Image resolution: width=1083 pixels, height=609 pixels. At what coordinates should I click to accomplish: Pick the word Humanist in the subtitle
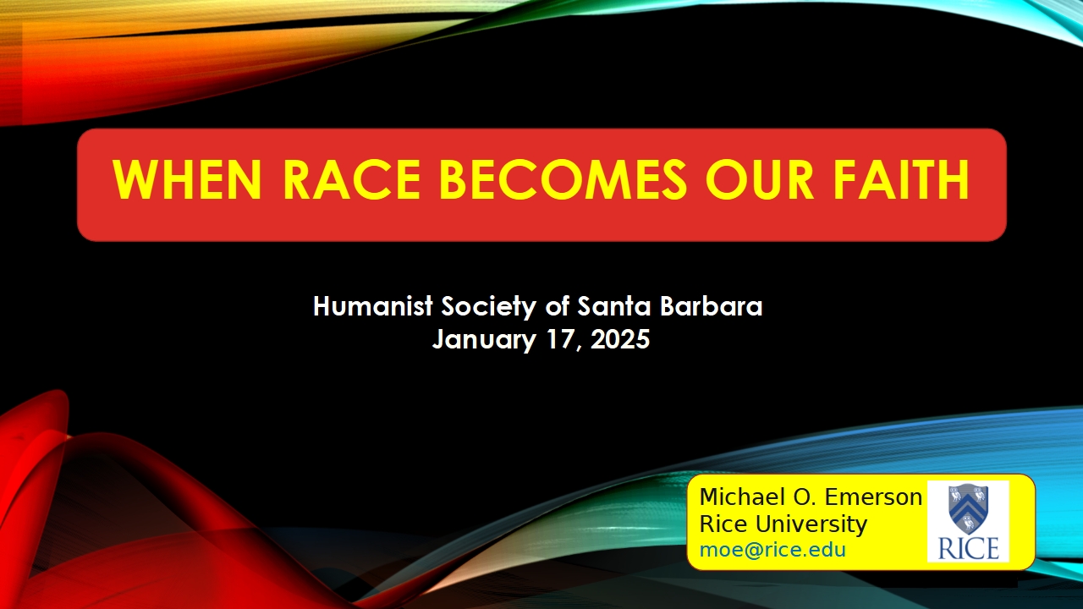[x=373, y=306]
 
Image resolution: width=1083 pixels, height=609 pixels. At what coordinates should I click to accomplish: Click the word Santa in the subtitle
[x=614, y=306]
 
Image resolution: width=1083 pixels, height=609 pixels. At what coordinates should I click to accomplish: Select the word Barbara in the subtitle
[x=712, y=306]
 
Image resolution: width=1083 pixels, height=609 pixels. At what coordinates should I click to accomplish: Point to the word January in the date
[x=483, y=340]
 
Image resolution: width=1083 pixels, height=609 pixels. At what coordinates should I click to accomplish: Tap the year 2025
[x=620, y=339]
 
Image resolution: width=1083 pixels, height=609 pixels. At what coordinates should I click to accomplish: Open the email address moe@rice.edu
[x=772, y=550]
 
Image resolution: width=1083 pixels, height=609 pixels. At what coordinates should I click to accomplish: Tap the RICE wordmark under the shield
[x=969, y=549]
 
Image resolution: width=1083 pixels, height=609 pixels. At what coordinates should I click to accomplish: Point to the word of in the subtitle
[x=557, y=306]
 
